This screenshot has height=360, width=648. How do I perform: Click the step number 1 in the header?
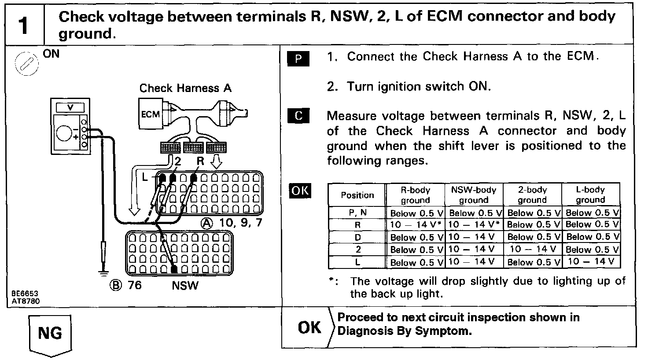[23, 25]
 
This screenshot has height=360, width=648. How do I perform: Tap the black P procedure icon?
[298, 59]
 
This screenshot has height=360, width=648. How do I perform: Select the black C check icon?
[298, 115]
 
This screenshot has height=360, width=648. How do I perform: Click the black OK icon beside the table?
[299, 191]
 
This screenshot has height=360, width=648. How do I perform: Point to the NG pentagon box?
[50, 334]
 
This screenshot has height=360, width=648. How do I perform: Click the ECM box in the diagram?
[151, 114]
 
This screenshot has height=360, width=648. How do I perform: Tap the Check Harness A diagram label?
[185, 88]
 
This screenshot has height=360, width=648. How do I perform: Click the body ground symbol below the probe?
[104, 273]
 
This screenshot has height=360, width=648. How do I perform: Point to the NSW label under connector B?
[185, 286]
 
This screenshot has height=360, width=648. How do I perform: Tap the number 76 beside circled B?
[135, 285]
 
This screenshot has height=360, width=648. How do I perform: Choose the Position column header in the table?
[357, 195]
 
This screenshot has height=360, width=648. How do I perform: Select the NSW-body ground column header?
[474, 195]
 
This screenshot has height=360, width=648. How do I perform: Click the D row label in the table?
[357, 237]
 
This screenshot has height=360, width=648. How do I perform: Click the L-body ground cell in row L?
[591, 262]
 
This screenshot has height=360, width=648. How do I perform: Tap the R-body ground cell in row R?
[416, 225]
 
